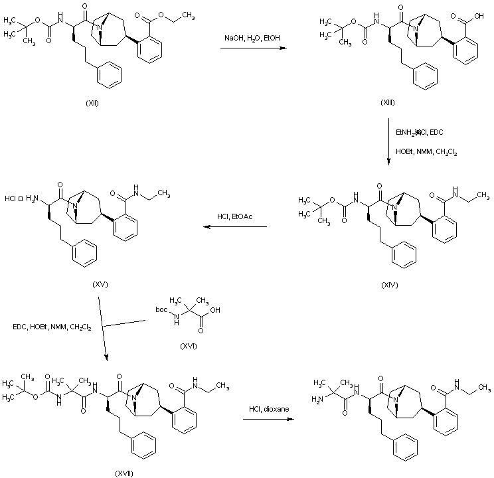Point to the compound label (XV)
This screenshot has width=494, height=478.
click(101, 283)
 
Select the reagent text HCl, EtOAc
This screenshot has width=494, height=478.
click(234, 216)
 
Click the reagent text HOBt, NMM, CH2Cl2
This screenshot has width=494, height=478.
click(425, 153)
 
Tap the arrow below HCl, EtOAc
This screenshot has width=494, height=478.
click(234, 227)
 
